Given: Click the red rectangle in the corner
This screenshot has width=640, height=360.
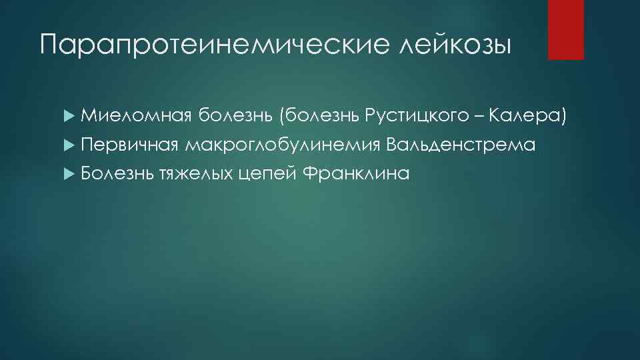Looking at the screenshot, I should click(x=565, y=29).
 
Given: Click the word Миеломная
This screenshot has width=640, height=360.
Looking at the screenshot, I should click(x=137, y=117).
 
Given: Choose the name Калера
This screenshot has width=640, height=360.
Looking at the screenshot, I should click(x=525, y=117).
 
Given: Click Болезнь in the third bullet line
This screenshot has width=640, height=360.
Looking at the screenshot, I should click(x=118, y=174).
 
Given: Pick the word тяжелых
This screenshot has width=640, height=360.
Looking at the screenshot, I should click(x=195, y=174).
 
